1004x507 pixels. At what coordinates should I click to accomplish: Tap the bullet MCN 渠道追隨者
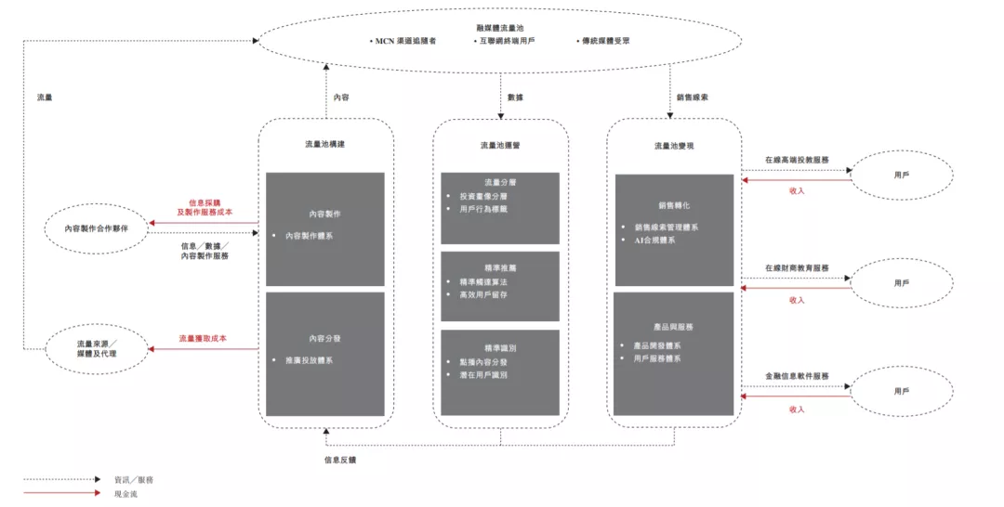click(405, 41)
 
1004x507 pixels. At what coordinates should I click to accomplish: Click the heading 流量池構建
click(324, 145)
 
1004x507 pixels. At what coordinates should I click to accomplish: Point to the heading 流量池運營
click(500, 145)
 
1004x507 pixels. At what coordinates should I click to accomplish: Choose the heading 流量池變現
click(674, 145)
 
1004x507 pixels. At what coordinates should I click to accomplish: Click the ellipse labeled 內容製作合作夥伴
click(97, 228)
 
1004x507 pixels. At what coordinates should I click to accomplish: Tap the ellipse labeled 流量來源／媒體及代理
click(97, 349)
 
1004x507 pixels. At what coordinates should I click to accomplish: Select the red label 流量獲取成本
click(203, 339)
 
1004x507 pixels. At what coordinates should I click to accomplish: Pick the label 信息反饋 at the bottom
click(340, 459)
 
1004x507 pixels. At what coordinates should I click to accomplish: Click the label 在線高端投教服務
click(797, 160)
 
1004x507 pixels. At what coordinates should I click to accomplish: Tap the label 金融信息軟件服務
click(797, 377)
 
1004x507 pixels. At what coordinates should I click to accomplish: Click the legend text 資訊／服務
click(134, 479)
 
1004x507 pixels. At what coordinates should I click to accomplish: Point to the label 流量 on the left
click(45, 97)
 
